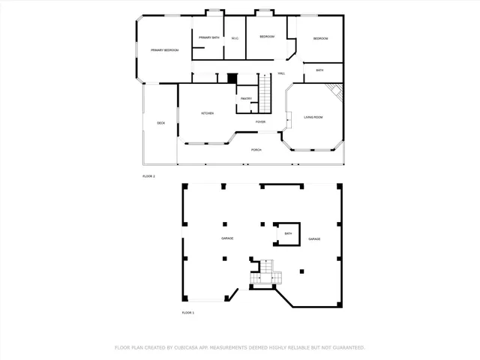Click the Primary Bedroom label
pyautogui.click(x=164, y=50)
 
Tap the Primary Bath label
pyautogui.click(x=209, y=37)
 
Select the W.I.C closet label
pyautogui.click(x=235, y=37)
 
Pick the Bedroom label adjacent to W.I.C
pyautogui.click(x=267, y=37)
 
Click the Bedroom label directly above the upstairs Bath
pyautogui.click(x=320, y=38)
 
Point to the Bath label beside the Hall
pyautogui.click(x=319, y=70)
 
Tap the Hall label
pyautogui.click(x=281, y=73)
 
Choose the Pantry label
pyautogui.click(x=246, y=99)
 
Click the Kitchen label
pyautogui.click(x=207, y=113)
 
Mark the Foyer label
pyautogui.click(x=260, y=121)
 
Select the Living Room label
pyautogui.click(x=313, y=117)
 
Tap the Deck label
pyautogui.click(x=160, y=123)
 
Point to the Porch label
pyautogui.click(x=256, y=149)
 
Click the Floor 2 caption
pyautogui.click(x=148, y=176)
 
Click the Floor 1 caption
pyautogui.click(x=188, y=312)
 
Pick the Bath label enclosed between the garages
pyautogui.click(x=287, y=233)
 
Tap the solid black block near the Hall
pyautogui.click(x=232, y=77)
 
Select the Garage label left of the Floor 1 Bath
pyautogui.click(x=227, y=238)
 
